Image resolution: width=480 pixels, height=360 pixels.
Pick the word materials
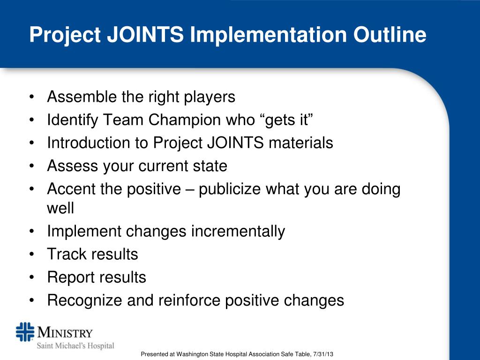pyautogui.click(x=300, y=143)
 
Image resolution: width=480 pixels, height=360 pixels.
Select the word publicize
pyautogui.click(x=230, y=189)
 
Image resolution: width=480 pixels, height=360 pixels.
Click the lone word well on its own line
pyautogui.click(x=60, y=207)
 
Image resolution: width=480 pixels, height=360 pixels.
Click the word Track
pyautogui.click(x=67, y=254)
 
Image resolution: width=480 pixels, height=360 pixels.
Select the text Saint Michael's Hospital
pyautogui.click(x=75, y=346)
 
